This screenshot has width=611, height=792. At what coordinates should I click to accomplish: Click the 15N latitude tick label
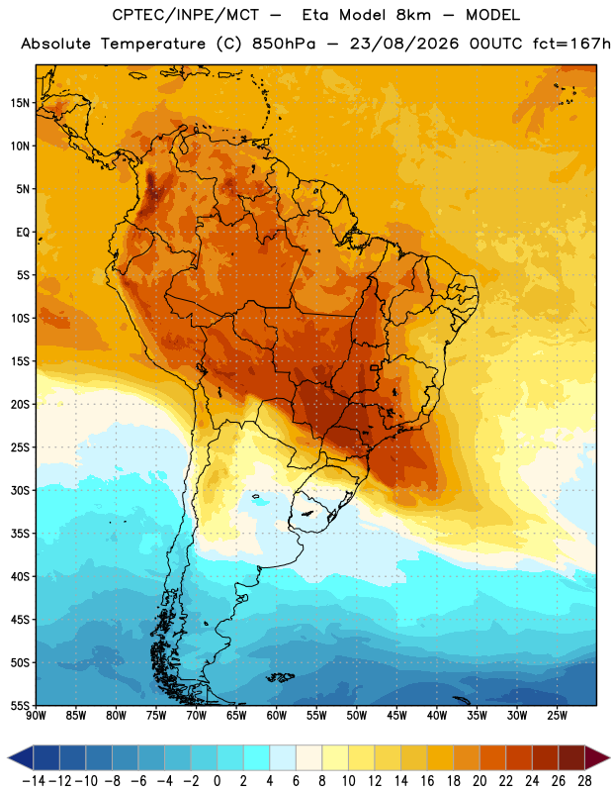click(20, 103)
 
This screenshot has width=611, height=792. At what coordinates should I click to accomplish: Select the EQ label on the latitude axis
click(23, 233)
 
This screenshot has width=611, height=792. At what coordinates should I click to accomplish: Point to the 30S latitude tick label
click(20, 490)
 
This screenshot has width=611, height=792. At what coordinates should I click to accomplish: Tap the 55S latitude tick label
click(20, 705)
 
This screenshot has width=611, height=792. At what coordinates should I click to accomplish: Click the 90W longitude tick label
click(36, 716)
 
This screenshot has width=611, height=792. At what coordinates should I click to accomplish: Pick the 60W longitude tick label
click(277, 716)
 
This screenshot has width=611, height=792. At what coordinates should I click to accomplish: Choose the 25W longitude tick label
click(557, 716)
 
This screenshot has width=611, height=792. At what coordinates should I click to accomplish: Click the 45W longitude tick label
click(396, 716)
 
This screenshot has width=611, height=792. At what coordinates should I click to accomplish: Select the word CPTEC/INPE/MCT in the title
click(185, 15)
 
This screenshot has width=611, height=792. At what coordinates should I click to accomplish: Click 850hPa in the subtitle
click(283, 44)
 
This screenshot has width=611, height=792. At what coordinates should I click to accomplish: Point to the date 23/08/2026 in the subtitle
click(404, 44)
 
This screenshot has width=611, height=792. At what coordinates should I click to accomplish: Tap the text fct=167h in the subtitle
click(571, 44)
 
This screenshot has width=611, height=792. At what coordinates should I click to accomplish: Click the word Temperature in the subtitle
click(153, 44)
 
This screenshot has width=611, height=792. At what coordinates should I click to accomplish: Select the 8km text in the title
click(413, 15)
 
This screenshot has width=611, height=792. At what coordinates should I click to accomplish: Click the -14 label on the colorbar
click(34, 781)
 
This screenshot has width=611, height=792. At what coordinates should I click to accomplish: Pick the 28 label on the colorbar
click(584, 781)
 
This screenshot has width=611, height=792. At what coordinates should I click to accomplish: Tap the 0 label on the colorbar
click(217, 781)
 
